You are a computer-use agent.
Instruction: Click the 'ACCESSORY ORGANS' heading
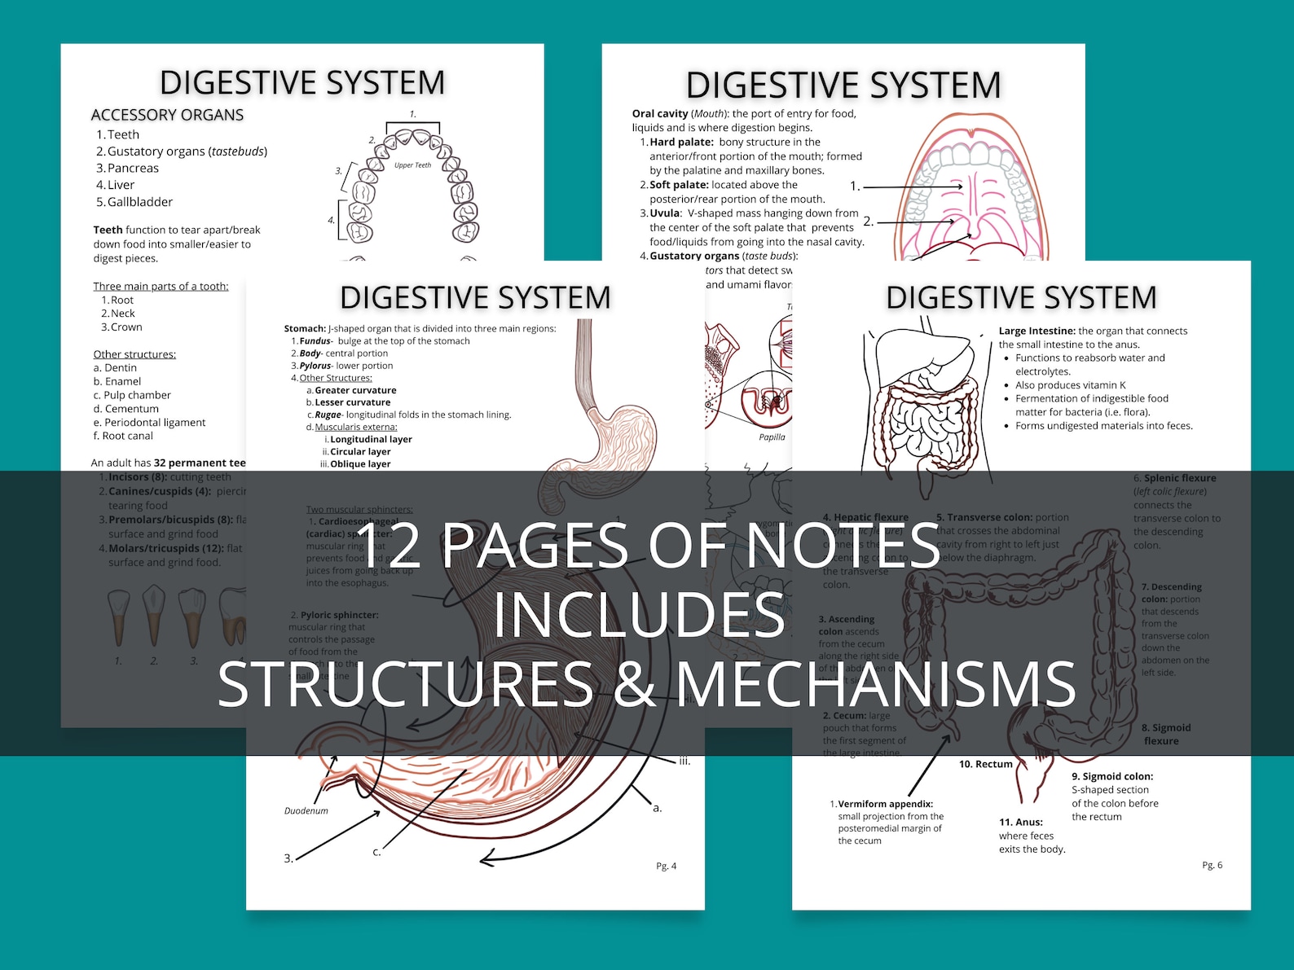click(167, 115)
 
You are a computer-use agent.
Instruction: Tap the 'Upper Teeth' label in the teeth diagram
click(412, 165)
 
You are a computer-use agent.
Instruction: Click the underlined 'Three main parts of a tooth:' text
click(161, 286)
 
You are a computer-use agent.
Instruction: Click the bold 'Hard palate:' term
click(681, 142)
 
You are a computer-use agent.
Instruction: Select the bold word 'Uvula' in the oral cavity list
click(664, 213)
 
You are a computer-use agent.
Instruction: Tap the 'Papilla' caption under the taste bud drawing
click(772, 437)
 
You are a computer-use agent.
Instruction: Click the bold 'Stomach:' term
click(305, 329)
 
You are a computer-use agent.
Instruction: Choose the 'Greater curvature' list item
click(355, 390)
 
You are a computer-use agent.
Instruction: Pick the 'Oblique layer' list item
click(360, 464)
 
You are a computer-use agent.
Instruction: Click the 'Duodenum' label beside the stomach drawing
click(306, 811)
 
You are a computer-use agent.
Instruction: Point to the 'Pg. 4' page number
click(667, 866)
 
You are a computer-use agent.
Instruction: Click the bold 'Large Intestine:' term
click(1037, 331)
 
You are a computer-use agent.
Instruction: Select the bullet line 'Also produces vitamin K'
click(1070, 385)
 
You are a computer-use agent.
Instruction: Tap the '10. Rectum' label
click(985, 764)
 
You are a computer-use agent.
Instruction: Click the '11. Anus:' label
click(1020, 823)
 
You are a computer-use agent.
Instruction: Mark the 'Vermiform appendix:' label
click(885, 804)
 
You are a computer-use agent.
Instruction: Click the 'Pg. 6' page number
click(1213, 865)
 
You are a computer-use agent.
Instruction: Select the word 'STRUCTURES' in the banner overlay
click(405, 684)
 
